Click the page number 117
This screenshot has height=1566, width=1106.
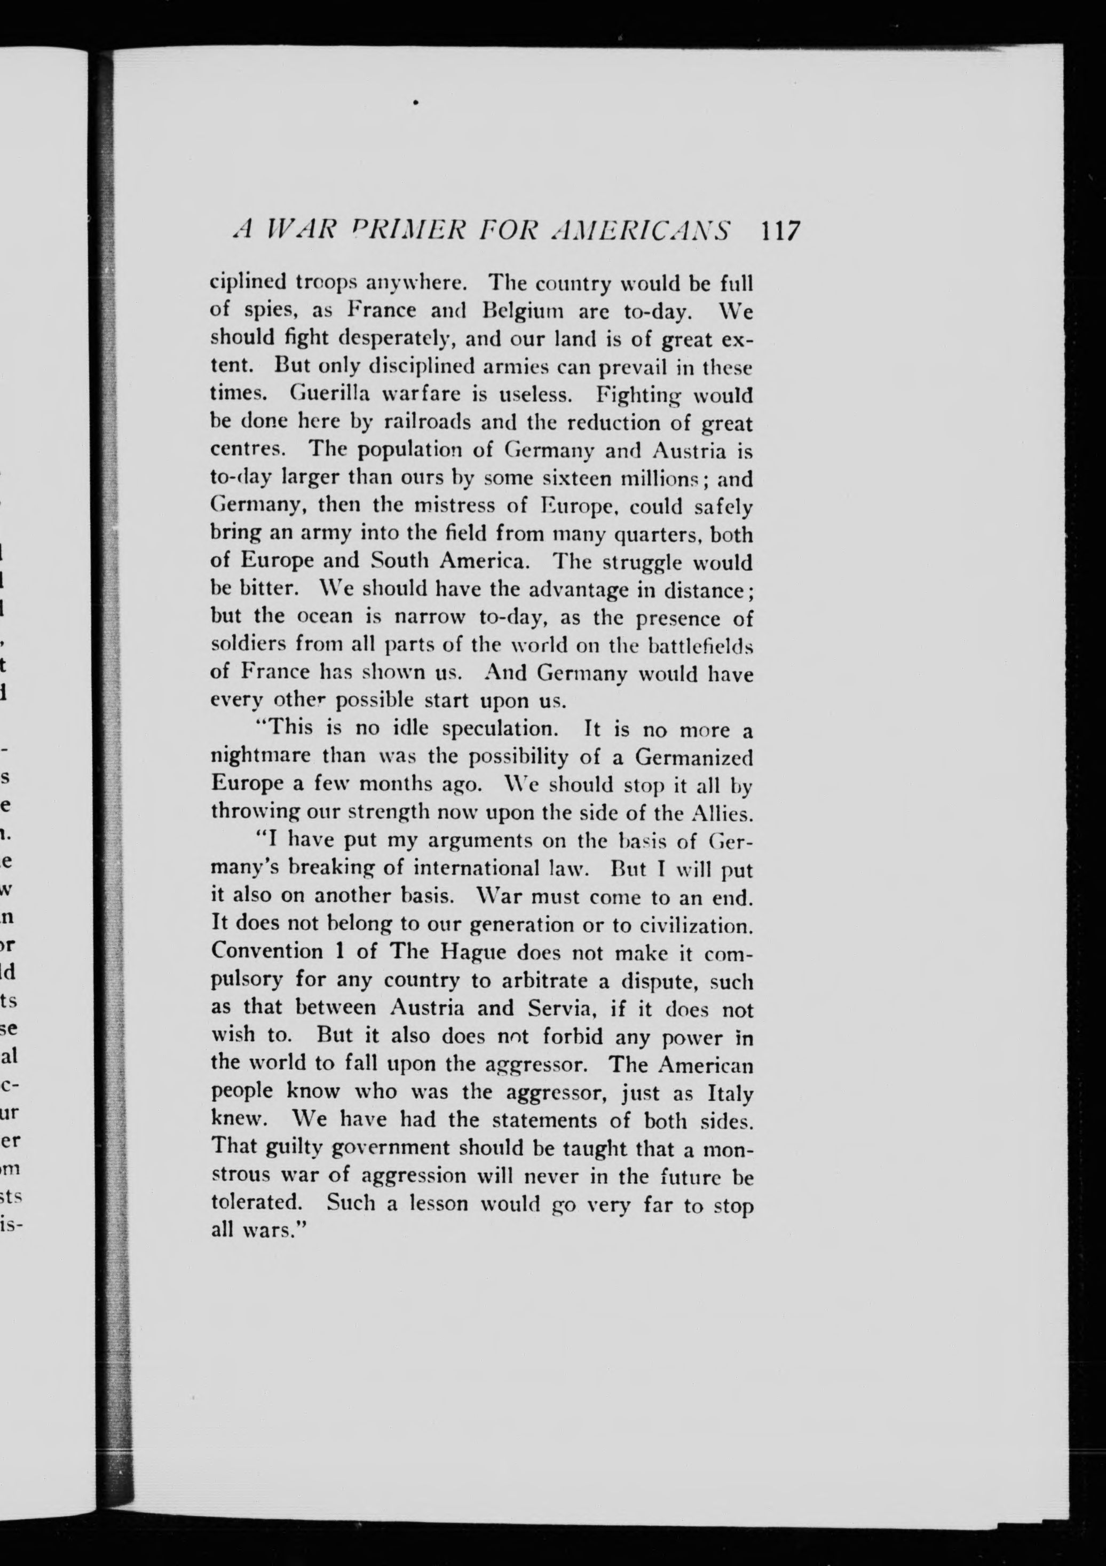point(780,232)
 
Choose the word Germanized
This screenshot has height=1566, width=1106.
point(693,757)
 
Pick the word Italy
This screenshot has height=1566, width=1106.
point(730,1093)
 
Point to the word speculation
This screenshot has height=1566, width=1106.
point(501,729)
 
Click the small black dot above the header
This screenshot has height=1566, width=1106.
point(415,103)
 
